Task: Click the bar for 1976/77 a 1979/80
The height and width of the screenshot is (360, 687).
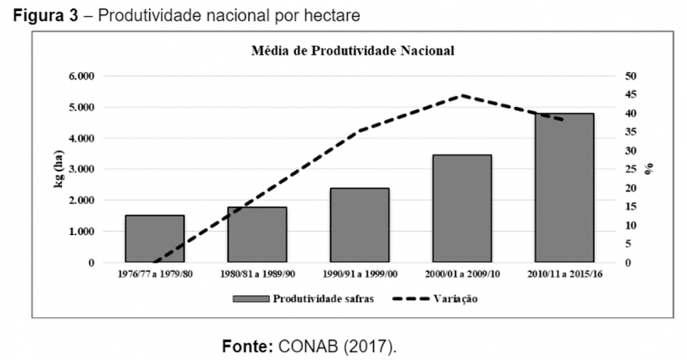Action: click(x=155, y=239)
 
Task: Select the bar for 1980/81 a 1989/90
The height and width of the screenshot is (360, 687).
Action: click(x=257, y=234)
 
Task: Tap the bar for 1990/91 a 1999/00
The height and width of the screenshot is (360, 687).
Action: click(x=360, y=225)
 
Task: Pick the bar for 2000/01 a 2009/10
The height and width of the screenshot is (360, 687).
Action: click(x=462, y=208)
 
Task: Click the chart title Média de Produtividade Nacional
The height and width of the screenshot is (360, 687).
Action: click(x=354, y=52)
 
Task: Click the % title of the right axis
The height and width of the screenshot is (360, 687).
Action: click(x=649, y=169)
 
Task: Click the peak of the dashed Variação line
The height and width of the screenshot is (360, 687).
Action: click(x=462, y=96)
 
